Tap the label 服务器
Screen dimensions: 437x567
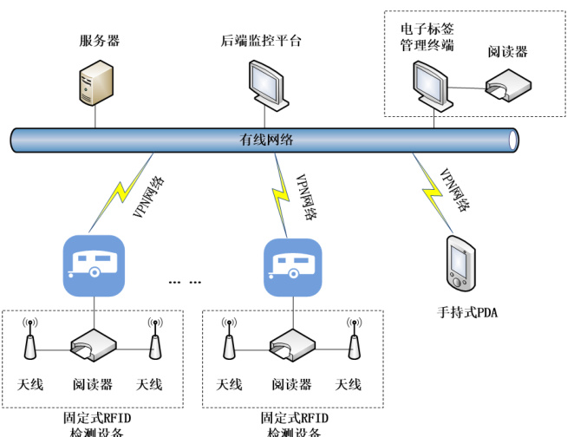(x=99, y=41)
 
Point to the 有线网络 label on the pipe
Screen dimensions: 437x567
(x=266, y=140)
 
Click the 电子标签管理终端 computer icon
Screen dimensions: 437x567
(x=429, y=87)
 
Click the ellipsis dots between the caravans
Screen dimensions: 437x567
(x=185, y=282)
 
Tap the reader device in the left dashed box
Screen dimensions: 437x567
(x=94, y=345)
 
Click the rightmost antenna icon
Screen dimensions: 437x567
(x=353, y=340)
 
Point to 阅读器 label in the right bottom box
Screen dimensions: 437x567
(x=291, y=384)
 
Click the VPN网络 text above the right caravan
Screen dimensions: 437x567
(x=306, y=195)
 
